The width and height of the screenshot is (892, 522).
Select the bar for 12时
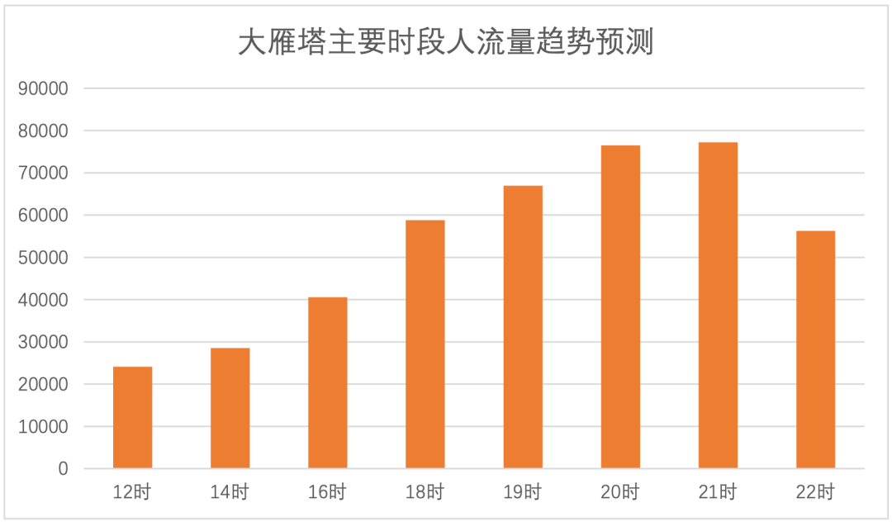132,417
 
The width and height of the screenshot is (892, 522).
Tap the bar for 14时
230,408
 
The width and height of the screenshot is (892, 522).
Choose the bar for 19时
523,327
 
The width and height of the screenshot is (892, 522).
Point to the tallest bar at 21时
718,306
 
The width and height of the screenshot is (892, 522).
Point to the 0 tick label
63,469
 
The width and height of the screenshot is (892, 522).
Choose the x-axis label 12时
132,493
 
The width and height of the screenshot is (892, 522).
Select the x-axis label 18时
425,493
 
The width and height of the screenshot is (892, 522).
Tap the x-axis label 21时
718,493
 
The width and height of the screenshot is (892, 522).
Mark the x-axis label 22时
815,493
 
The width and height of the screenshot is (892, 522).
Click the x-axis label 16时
327,493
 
